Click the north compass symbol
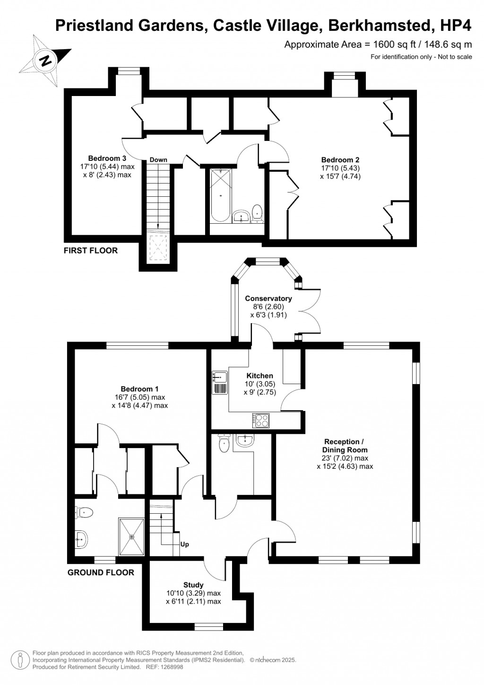46,61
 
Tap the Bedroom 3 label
107,158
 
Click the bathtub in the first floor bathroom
220,196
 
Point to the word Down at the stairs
158,160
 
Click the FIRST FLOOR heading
91,250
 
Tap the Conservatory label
268,299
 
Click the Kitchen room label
259,376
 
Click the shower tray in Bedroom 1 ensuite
131,536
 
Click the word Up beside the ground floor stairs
184,544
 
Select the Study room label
193,585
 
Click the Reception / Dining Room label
345,446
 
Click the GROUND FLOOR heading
101,572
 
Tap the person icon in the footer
20,659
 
